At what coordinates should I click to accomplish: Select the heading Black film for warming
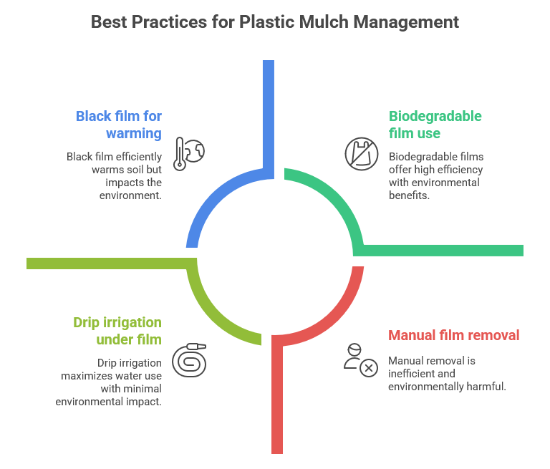[119, 125]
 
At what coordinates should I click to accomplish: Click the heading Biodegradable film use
[435, 125]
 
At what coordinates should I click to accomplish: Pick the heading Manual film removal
[453, 335]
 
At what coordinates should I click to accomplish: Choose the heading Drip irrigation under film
[117, 331]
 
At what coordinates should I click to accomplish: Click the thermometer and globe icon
[189, 153]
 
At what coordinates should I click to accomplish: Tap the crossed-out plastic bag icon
[361, 154]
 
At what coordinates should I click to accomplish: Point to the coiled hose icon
[190, 359]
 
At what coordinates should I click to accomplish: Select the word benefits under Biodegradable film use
[409, 195]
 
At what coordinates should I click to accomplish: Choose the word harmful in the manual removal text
[487, 387]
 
